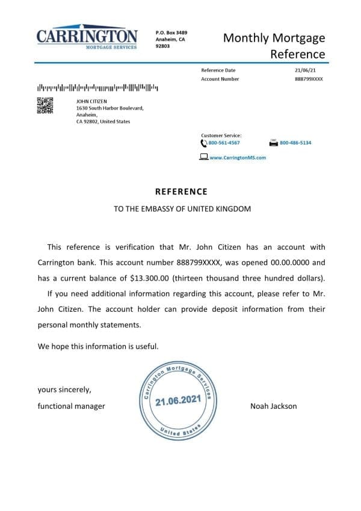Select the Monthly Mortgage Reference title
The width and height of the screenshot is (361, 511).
point(274,46)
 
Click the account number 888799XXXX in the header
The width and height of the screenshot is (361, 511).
point(309,79)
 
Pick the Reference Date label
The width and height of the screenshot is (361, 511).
point(218,70)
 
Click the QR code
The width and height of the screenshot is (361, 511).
point(45,105)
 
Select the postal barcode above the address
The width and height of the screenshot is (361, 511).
point(97,87)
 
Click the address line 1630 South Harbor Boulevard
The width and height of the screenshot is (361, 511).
point(110,108)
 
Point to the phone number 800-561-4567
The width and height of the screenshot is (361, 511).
point(224,143)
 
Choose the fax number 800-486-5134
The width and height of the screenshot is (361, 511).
point(295,143)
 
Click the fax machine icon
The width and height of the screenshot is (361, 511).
point(274,143)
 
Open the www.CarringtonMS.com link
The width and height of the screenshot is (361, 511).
point(237,157)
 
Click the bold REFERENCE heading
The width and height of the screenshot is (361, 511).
point(181,191)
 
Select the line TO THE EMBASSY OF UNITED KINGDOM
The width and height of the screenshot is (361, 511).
point(181,209)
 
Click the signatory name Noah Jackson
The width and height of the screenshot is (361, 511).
point(273,406)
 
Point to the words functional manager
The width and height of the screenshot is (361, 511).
point(71,406)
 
